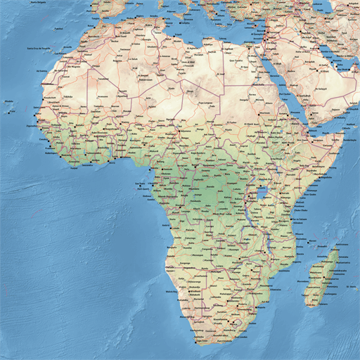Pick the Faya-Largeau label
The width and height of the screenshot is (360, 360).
tap(206, 103)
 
